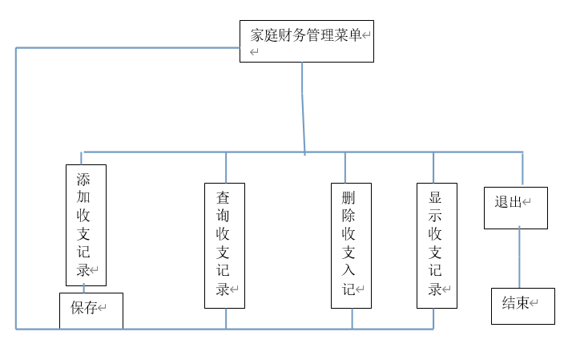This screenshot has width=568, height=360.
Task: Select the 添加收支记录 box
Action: [86, 225]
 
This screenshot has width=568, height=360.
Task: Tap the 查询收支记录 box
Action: [224, 245]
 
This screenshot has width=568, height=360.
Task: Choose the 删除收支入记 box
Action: [351, 245]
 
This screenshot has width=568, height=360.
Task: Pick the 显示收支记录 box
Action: [437, 245]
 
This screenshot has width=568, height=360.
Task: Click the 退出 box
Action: [515, 208]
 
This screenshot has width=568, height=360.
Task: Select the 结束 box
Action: [522, 306]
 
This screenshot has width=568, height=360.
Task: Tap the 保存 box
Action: [91, 311]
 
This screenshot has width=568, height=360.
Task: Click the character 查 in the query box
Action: [224, 196]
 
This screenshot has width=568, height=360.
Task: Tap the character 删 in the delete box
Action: [348, 196]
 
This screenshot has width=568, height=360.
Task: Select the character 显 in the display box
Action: [436, 196]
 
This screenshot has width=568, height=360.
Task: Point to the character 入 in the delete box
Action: [348, 271]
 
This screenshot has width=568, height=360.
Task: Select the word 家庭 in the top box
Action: [266, 35]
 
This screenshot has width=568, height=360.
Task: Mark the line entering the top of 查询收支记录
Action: [226, 168]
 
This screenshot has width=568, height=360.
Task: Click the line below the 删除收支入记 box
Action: [352, 318]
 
